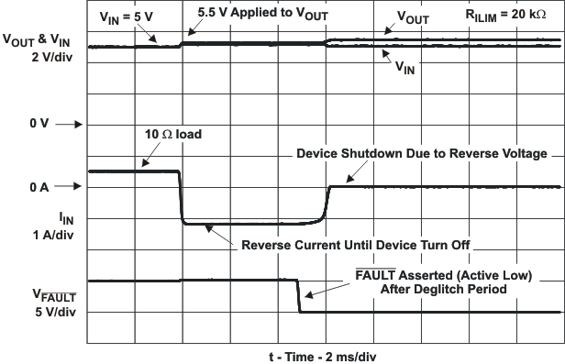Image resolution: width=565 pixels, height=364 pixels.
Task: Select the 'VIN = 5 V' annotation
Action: click(127, 17)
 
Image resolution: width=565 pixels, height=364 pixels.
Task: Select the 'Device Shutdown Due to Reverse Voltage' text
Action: click(422, 153)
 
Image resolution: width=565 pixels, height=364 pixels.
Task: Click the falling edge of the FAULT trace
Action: click(298, 295)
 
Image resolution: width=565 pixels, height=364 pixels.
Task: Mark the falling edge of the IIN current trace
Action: click(181, 197)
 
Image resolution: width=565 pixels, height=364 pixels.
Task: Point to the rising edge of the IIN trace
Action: click(326, 204)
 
